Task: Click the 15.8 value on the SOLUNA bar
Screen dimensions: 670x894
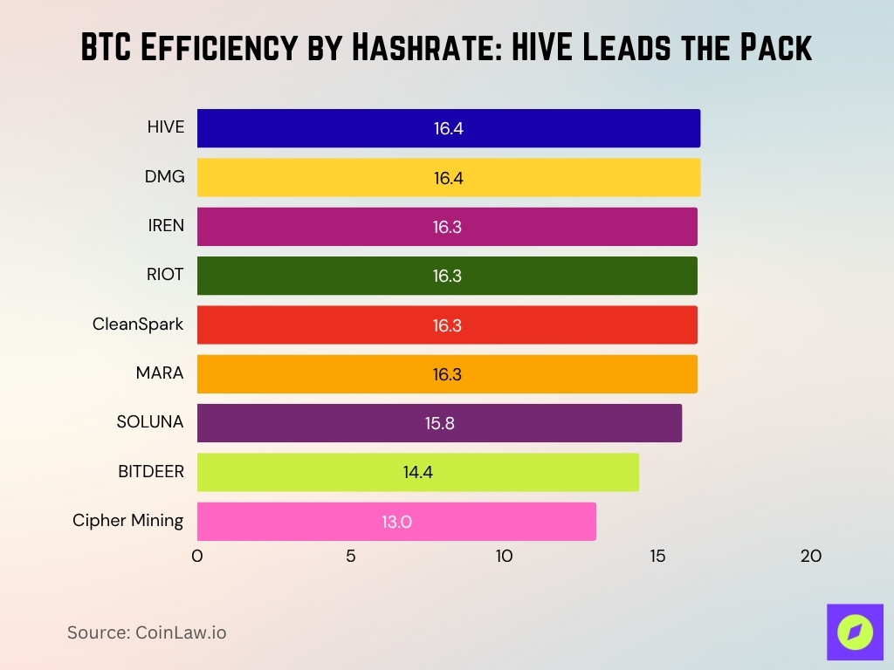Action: coord(439,424)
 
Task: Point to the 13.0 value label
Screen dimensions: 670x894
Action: coord(396,523)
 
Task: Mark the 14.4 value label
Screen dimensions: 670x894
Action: coord(417,473)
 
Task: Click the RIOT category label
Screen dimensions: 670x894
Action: coord(165,275)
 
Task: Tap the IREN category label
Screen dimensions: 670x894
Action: coord(166,226)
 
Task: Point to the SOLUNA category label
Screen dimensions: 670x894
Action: coord(150,422)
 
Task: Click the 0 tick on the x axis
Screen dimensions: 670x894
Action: coord(197,556)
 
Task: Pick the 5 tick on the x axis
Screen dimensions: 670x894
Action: coord(351,556)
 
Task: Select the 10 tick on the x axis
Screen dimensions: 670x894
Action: coord(504,556)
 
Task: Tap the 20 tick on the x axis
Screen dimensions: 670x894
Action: coord(811,556)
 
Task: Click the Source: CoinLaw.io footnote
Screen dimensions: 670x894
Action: coord(147,632)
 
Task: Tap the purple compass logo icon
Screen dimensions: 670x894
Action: coord(855,632)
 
